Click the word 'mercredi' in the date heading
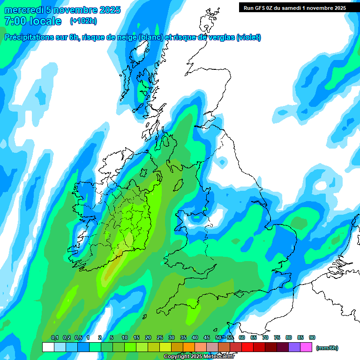[x=23, y=10]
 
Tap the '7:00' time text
[x=15, y=21]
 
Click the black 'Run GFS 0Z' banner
[x=294, y=7]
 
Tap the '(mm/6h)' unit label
[x=327, y=348]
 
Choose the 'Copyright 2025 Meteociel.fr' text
[x=199, y=357]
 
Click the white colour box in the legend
[x=48, y=347]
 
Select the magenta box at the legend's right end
[x=307, y=347]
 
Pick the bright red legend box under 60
[x=247, y=347]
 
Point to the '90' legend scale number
[x=312, y=338]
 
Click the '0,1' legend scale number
[x=54, y=338]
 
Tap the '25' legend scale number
[x=160, y=338]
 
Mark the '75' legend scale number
[x=277, y=338]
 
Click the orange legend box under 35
[x=189, y=347]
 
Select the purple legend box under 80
[x=295, y=347]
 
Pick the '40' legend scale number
[x=195, y=338]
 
